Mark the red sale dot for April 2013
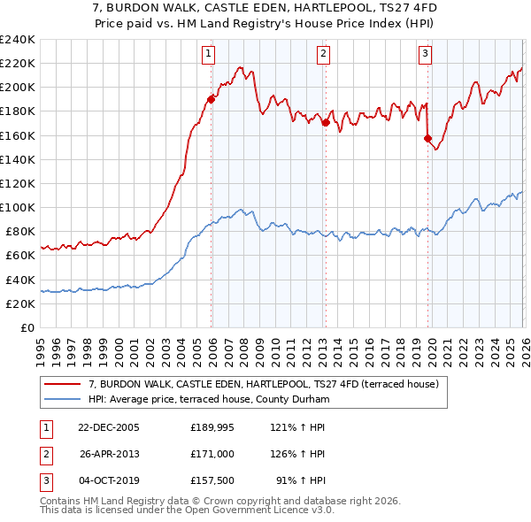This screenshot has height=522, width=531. (326, 122)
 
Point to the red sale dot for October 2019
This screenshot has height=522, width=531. (427, 138)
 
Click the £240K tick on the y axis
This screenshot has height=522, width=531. (18, 40)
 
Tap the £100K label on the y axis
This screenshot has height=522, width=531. (18, 207)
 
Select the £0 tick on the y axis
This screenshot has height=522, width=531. (28, 327)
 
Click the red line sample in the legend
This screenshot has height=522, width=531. (63, 385)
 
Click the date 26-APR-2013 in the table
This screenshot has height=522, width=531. (109, 454)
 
